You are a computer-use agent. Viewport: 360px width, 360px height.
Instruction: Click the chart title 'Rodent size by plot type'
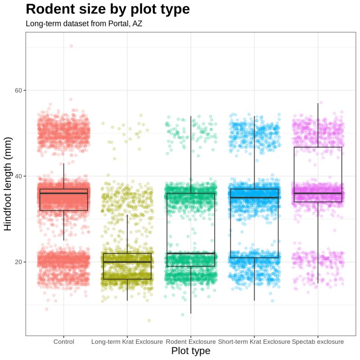tap(108, 9)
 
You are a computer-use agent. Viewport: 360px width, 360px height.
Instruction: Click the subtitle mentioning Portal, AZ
tap(84, 24)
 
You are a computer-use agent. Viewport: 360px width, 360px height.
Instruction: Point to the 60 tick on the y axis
tap(19, 90)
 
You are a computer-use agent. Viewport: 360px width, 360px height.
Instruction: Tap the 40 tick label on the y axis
tap(19, 176)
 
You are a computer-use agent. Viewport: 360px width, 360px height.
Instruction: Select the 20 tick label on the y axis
tap(19, 262)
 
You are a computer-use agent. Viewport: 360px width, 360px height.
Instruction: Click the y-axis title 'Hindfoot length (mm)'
tap(8, 183)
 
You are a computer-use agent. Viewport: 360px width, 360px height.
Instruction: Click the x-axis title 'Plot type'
tap(191, 351)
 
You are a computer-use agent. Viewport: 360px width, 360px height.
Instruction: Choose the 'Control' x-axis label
tap(63, 342)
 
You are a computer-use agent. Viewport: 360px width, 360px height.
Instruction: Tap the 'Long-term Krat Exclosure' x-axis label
tap(127, 342)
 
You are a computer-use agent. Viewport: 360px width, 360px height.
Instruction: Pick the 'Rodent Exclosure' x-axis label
tap(191, 342)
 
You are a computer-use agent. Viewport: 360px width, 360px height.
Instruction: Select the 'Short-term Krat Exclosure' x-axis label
tap(254, 342)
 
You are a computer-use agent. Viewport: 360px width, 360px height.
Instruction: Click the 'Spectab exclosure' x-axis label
tap(318, 342)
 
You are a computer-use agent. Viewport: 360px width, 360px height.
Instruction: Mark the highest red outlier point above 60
tap(71, 46)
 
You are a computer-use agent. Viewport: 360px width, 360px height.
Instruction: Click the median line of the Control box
tap(63, 193)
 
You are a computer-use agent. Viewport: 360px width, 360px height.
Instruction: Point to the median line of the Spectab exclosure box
tap(318, 193)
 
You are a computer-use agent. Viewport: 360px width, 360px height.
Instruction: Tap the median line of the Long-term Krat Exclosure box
tap(127, 262)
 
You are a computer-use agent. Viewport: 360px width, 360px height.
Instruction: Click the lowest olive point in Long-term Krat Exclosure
tap(149, 320)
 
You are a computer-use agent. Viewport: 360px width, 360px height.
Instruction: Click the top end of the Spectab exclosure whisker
tap(318, 103)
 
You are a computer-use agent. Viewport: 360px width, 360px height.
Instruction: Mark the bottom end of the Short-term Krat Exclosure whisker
tap(254, 300)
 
